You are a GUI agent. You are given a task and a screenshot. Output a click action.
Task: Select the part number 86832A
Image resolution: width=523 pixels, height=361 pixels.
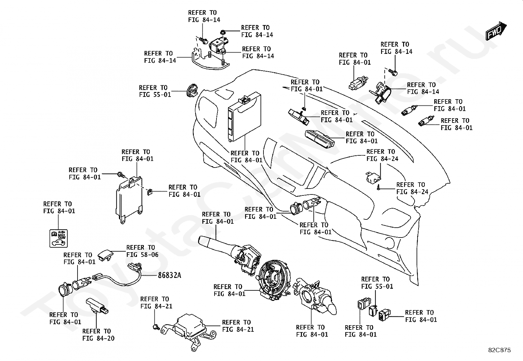[169, 275]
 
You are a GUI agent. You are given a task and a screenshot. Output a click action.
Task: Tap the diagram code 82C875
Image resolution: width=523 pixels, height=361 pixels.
[499, 350]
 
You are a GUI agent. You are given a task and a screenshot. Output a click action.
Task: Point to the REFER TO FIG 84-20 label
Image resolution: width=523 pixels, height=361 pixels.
[98, 335]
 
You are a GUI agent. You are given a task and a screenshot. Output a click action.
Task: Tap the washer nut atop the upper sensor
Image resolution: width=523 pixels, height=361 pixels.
[223, 32]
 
